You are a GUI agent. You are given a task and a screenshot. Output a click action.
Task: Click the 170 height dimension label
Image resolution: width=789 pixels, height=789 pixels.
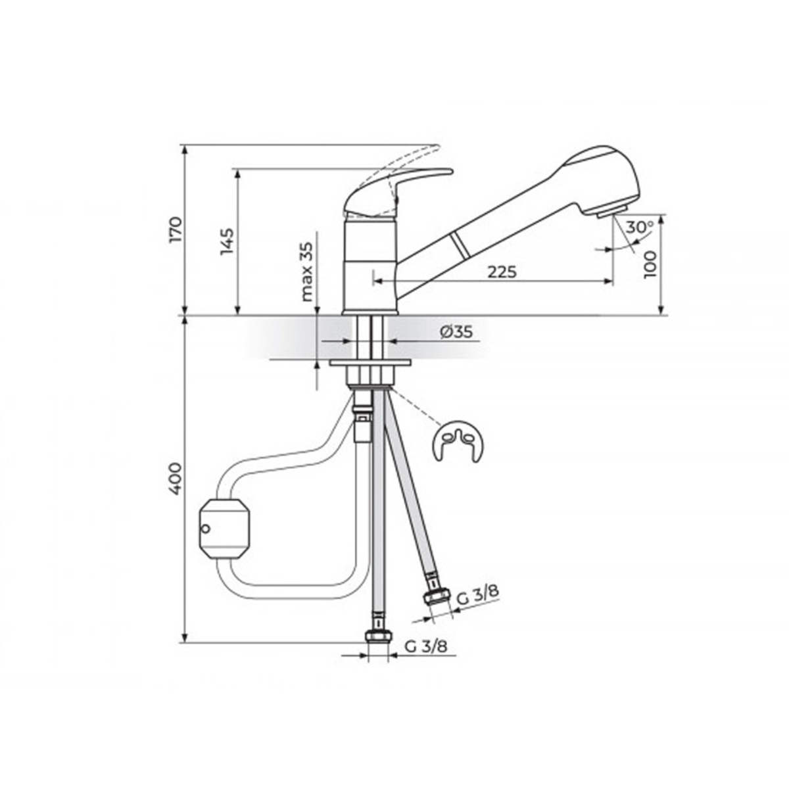[176, 230]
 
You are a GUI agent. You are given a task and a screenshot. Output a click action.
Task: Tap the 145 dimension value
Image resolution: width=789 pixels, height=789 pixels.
[227, 241]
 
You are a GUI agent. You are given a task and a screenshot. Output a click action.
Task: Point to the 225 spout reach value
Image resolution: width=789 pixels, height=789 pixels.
[502, 272]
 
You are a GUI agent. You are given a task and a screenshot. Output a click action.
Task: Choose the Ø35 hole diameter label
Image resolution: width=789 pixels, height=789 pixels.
[456, 331]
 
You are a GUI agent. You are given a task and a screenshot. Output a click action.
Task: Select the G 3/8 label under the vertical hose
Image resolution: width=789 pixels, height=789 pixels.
[426, 647]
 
